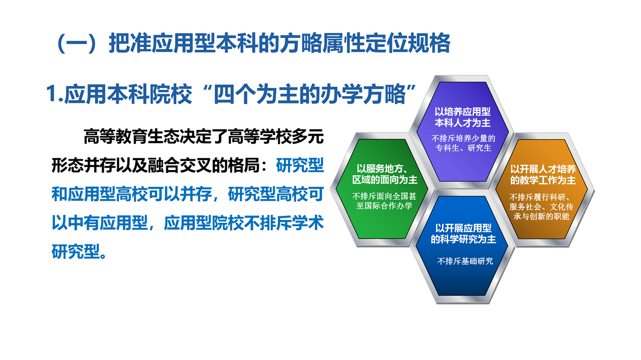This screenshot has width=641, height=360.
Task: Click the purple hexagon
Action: tap(462, 132)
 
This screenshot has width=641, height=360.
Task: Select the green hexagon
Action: tap(382, 189)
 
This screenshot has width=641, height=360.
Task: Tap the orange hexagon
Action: tap(542, 189)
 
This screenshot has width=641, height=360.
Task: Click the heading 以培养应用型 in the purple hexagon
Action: tap(462, 112)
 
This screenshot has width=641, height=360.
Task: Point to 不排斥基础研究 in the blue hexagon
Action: tap(465, 261)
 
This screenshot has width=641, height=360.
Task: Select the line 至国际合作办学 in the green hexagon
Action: tap(384, 205)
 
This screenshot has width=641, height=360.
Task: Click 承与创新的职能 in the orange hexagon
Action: tap(541, 216)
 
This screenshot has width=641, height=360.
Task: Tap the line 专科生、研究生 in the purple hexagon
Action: tap(463, 148)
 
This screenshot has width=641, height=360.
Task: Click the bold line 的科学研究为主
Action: tap(463, 239)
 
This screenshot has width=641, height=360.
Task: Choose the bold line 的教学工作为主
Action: tap(543, 180)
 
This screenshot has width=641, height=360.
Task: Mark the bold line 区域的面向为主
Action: tap(385, 180)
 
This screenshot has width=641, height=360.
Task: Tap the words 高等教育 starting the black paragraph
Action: tap(115, 136)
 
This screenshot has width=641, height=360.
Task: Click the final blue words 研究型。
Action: tap(79, 251)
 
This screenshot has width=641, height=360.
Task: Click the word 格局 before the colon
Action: tap(244, 165)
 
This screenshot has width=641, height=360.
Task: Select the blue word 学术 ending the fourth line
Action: tap(308, 223)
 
